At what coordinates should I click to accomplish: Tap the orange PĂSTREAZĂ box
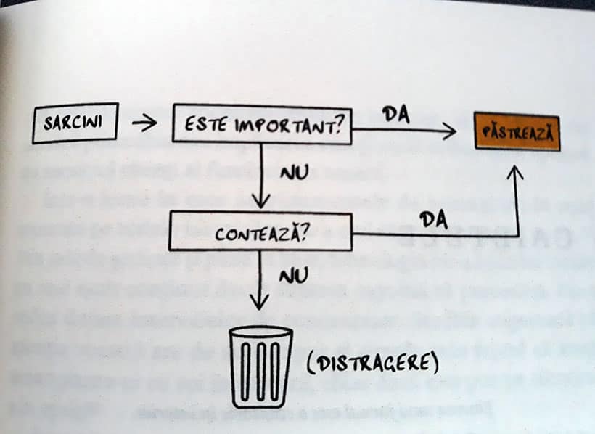[x=517, y=132]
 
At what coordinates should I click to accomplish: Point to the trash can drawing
[x=261, y=367]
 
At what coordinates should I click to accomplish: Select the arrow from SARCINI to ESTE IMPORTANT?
[x=144, y=123]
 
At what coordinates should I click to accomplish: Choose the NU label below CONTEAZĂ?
[x=292, y=275]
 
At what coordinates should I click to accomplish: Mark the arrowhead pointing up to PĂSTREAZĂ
[x=515, y=174]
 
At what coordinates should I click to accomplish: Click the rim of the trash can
[x=261, y=333]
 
